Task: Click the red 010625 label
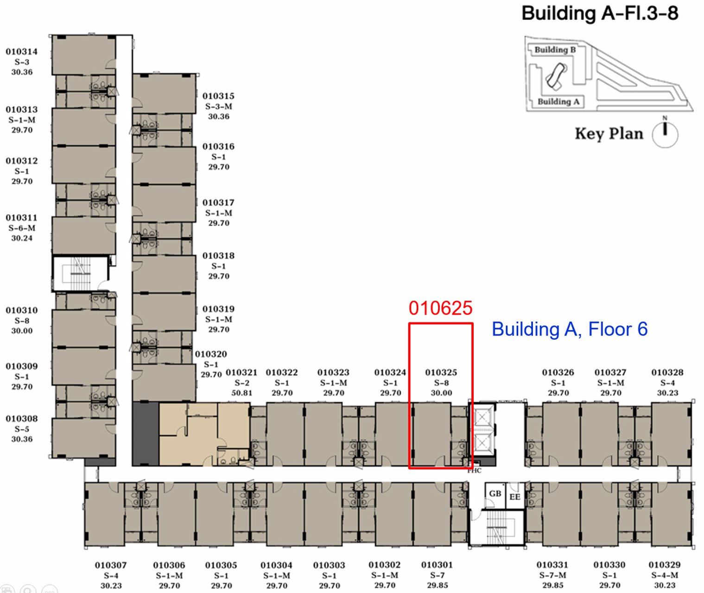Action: tap(440, 308)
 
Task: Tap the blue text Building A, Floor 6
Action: tap(570, 329)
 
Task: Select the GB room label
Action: tap(495, 493)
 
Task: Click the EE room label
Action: tap(515, 497)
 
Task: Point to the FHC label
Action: tap(475, 471)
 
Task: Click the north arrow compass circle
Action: tap(665, 134)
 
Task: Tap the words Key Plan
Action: tap(609, 134)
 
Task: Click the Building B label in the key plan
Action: tap(555, 50)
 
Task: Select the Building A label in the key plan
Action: tap(558, 101)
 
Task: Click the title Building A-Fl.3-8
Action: tap(600, 13)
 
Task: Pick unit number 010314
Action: tap(22, 51)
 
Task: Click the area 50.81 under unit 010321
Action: tap(242, 393)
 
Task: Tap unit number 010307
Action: tap(111, 565)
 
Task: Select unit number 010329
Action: tap(665, 565)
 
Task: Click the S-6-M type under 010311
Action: tap(22, 228)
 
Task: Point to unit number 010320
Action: tap(211, 354)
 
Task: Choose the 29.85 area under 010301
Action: tap(438, 585)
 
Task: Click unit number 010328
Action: tap(667, 372)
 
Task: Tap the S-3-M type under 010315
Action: tap(218, 106)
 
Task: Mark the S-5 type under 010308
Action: tap(22, 429)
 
